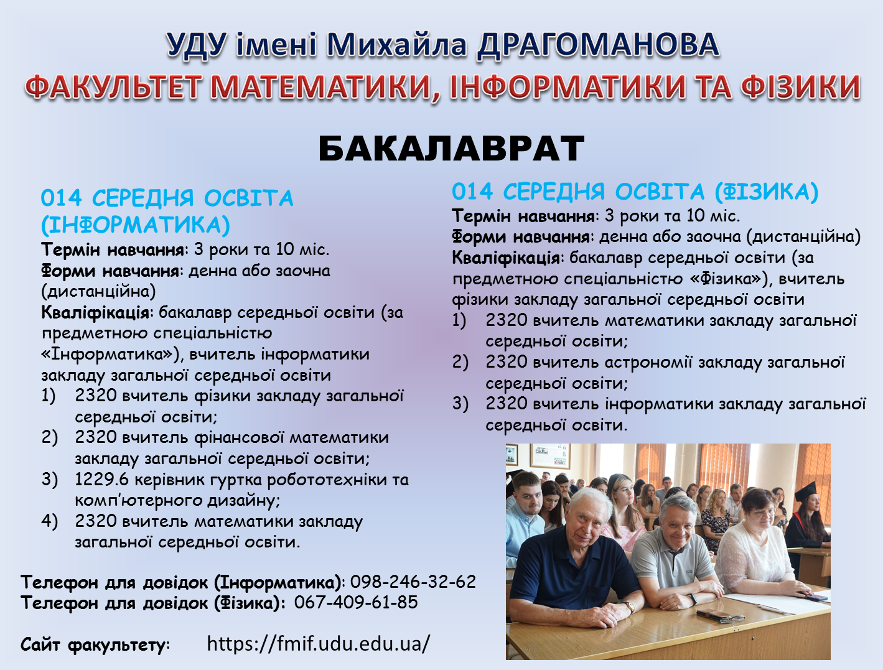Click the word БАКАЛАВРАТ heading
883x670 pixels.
pos(451,149)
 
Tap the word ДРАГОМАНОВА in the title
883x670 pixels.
pos(598,45)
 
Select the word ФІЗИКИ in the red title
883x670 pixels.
pos(800,87)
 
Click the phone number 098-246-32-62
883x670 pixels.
pos(413,582)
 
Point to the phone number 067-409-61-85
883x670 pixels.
pos(356,602)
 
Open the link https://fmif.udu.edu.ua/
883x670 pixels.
pos(318,643)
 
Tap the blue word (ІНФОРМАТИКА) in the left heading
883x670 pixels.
pos(136,225)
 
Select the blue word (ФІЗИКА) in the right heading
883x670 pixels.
pos(766,192)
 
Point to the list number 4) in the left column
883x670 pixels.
pos(50,521)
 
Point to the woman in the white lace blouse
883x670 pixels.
pos(750,547)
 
